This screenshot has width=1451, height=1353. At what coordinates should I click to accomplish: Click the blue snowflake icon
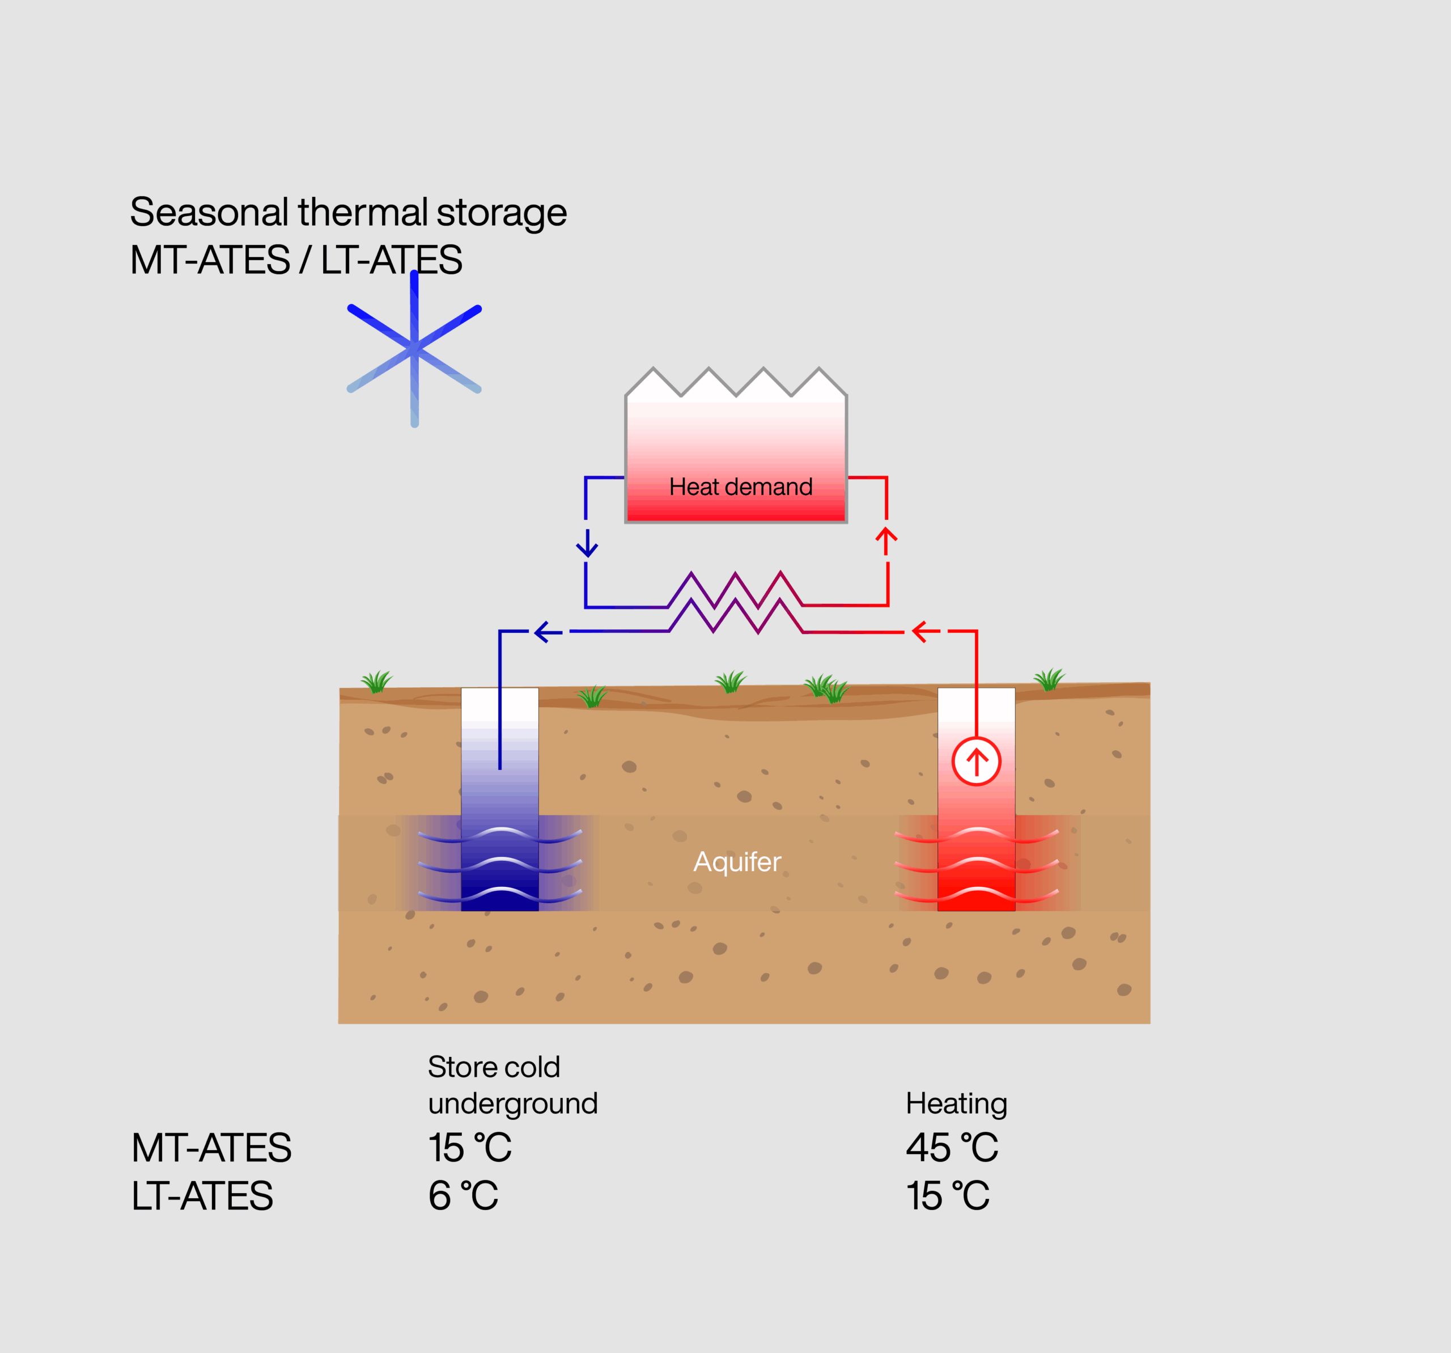(x=414, y=349)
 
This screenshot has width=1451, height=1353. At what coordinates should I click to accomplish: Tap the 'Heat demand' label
(x=740, y=487)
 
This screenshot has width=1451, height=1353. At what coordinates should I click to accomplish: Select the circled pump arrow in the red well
(x=976, y=762)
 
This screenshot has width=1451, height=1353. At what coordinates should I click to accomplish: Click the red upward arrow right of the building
(x=886, y=540)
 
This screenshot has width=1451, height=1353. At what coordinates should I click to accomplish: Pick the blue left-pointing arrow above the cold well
(x=548, y=632)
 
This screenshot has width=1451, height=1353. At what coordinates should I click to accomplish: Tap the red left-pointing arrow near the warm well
(x=926, y=632)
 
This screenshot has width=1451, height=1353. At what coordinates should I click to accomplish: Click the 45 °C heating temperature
(x=951, y=1148)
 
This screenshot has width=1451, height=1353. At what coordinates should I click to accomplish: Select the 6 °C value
(x=463, y=1196)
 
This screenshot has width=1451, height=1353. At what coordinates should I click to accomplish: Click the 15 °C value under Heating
(x=947, y=1196)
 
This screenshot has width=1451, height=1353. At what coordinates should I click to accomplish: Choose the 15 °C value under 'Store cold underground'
(x=469, y=1148)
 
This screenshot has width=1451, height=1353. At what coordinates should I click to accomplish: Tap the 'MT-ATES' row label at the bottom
(x=211, y=1148)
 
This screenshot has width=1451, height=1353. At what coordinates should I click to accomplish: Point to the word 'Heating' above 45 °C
(x=956, y=1103)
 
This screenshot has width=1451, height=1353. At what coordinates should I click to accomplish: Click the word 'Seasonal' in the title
(x=209, y=213)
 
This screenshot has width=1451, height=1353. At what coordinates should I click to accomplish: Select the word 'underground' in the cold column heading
(x=512, y=1103)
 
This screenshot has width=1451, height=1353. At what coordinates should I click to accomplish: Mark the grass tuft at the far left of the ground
(x=376, y=682)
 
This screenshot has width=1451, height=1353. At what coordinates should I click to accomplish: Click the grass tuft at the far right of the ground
(x=1049, y=680)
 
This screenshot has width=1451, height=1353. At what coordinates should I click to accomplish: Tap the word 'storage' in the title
(x=502, y=213)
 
